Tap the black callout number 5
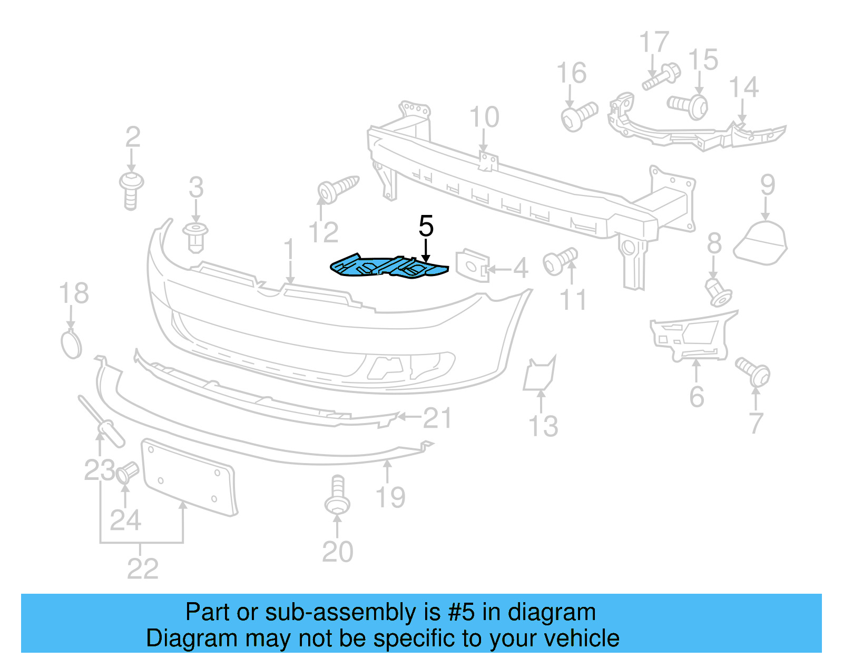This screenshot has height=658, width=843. point(426,226)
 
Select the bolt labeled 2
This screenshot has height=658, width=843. point(131,189)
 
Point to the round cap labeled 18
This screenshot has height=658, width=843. point(72,344)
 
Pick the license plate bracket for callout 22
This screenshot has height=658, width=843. point(189,477)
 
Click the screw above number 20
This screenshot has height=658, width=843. point(337,496)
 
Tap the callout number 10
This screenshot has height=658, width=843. point(484,117)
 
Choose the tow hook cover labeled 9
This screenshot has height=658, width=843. point(761,243)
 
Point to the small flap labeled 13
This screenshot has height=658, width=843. point(538,374)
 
